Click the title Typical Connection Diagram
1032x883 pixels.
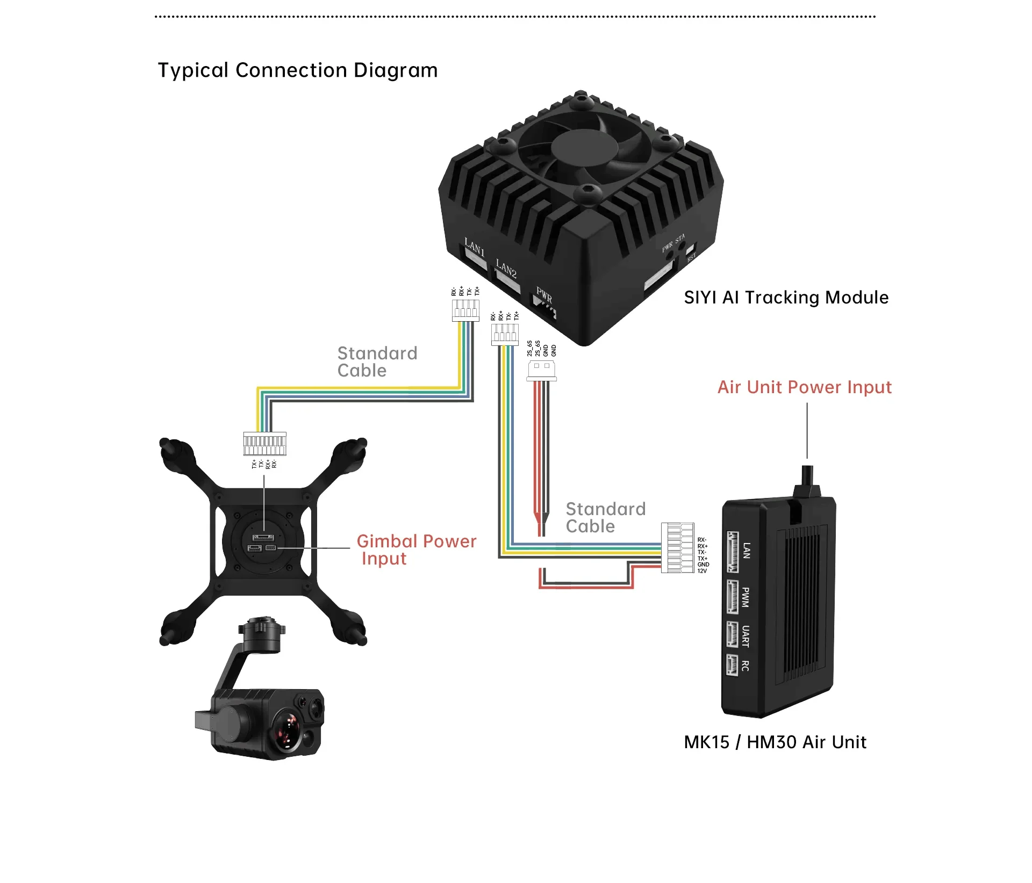pyautogui.click(x=298, y=70)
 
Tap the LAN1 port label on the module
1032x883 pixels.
pyautogui.click(x=475, y=248)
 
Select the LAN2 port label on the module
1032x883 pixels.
pyautogui.click(x=506, y=269)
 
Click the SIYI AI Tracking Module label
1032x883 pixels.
pyautogui.click(x=786, y=298)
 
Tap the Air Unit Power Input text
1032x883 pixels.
pyautogui.click(x=804, y=387)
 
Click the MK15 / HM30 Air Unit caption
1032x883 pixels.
pyautogui.click(x=775, y=742)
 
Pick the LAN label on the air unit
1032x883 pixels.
pyautogui.click(x=746, y=551)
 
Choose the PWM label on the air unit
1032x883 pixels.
pyautogui.click(x=746, y=597)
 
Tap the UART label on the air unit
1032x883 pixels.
pyautogui.click(x=746, y=636)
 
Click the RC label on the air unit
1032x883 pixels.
pyautogui.click(x=746, y=666)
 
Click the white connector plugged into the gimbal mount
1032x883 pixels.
pyautogui.click(x=264, y=444)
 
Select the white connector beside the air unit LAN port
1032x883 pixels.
pyautogui.click(x=677, y=547)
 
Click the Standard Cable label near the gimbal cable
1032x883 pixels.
pyautogui.click(x=377, y=362)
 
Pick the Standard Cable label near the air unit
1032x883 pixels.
pyautogui.click(x=605, y=518)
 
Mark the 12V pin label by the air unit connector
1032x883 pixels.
pyautogui.click(x=702, y=571)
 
